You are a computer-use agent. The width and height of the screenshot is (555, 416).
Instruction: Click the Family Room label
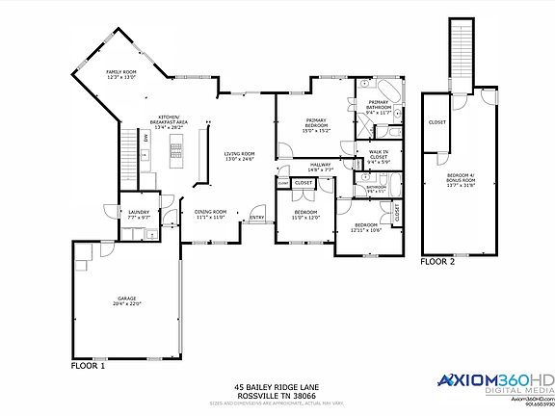pyautogui.click(x=121, y=73)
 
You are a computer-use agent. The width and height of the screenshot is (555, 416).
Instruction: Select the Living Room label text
pyautogui.click(x=239, y=157)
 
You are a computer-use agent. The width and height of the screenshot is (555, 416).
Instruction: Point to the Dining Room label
pyautogui.click(x=210, y=214)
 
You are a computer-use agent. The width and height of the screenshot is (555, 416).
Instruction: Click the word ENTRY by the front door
pyautogui.click(x=256, y=218)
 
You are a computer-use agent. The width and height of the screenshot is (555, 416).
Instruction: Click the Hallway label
pyautogui.click(x=321, y=167)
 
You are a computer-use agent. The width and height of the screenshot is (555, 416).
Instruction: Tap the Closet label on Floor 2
pyautogui.click(x=436, y=123)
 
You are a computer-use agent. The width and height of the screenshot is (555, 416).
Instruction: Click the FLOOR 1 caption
pyautogui.click(x=89, y=366)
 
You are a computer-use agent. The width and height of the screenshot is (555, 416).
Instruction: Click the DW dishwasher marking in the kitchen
pyautogui.click(x=145, y=138)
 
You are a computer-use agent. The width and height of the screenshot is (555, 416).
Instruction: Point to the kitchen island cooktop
pyautogui.click(x=175, y=147)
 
